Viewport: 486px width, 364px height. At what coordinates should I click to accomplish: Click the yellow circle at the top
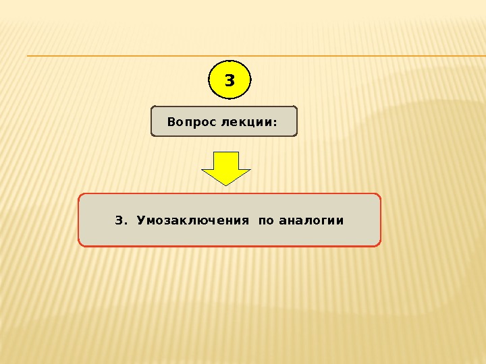coord(230,80)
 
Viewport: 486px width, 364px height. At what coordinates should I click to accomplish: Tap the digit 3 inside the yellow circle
coord(230,81)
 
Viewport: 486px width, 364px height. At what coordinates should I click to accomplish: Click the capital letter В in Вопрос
coord(170,123)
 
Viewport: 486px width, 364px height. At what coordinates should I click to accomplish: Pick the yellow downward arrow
coord(226,168)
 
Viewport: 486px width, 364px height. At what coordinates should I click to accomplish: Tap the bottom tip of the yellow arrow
coord(226,185)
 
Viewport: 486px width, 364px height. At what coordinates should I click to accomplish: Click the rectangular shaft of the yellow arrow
coord(226,160)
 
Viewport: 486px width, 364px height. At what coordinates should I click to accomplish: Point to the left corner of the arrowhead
coord(202,170)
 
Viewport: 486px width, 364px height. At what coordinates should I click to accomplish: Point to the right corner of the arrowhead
coord(250,170)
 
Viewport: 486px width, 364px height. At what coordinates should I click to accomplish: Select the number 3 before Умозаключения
coord(119,220)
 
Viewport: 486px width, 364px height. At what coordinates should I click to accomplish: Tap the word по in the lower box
coord(266,221)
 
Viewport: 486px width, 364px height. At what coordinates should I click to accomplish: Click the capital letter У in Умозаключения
coord(140,220)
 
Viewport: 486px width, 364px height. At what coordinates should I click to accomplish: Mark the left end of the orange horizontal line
coord(28,56)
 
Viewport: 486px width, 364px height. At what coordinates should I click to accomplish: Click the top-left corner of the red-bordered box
coord(80,195)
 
